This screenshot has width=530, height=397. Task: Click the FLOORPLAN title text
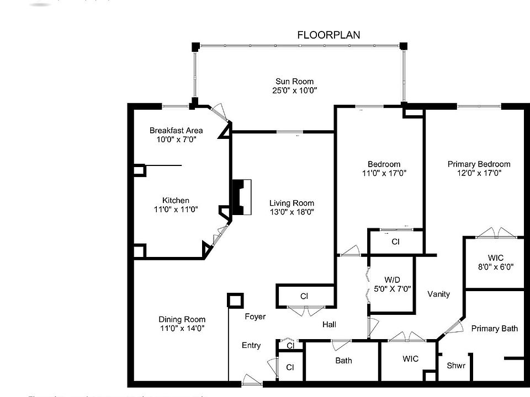(x=328, y=35)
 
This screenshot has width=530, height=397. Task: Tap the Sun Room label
(x=295, y=82)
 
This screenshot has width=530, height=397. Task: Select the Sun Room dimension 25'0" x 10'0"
(x=295, y=90)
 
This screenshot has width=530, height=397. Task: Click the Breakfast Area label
(x=176, y=131)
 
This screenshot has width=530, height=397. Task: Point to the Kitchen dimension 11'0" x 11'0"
(x=176, y=210)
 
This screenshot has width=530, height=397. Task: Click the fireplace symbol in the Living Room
(x=241, y=197)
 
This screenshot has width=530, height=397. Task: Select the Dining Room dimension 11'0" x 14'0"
(x=182, y=329)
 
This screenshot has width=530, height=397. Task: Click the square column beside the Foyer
(x=235, y=301)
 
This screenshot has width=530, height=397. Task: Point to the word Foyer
(x=255, y=316)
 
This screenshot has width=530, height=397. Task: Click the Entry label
(x=251, y=346)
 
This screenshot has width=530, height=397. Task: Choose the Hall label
(x=330, y=325)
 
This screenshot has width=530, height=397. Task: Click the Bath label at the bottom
(x=343, y=361)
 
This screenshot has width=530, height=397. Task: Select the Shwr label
(x=456, y=365)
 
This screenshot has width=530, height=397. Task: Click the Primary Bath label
(x=494, y=329)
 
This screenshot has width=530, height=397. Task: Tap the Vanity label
(x=438, y=294)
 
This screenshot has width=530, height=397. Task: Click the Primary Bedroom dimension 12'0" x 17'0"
(x=479, y=173)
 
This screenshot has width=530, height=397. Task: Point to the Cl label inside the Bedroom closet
(x=395, y=242)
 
